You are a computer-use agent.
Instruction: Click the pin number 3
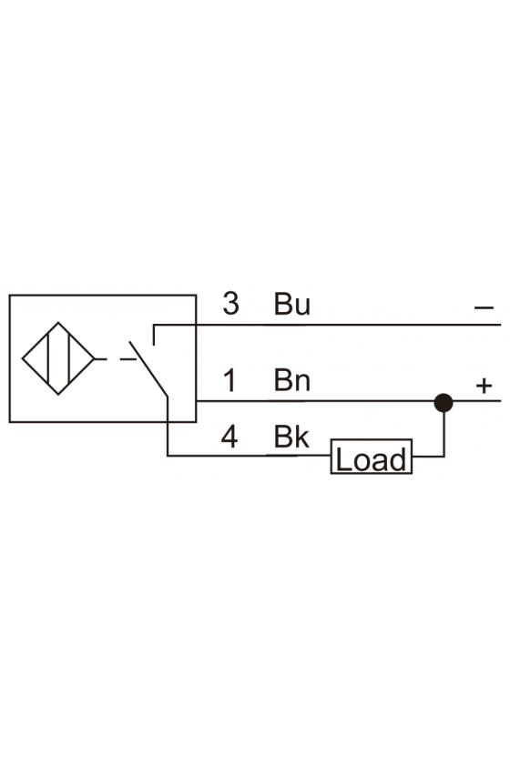(230, 303)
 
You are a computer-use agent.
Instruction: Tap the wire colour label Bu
(291, 304)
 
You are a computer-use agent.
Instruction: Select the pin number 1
(229, 380)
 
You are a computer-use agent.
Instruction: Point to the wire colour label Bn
(291, 380)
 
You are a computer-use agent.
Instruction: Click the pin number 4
(229, 437)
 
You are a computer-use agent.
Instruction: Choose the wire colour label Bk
(291, 437)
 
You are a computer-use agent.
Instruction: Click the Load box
(372, 457)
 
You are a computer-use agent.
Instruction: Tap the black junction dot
(444, 403)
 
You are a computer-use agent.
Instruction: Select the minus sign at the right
(484, 307)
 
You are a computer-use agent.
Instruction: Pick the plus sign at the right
(484, 386)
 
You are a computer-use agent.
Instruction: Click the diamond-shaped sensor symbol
(58, 358)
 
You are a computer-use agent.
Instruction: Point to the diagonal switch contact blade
(148, 369)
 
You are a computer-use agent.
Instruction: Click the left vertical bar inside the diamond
(48, 358)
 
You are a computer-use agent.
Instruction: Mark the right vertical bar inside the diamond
(69, 358)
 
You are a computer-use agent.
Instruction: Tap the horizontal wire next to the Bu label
(327, 325)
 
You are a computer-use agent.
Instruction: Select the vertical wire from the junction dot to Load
(444, 434)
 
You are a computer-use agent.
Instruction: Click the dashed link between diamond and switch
(116, 359)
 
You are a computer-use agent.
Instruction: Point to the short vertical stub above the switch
(154, 335)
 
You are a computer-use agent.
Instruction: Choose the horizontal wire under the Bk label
(249, 456)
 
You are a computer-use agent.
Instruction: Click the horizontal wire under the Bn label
(315, 401)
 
